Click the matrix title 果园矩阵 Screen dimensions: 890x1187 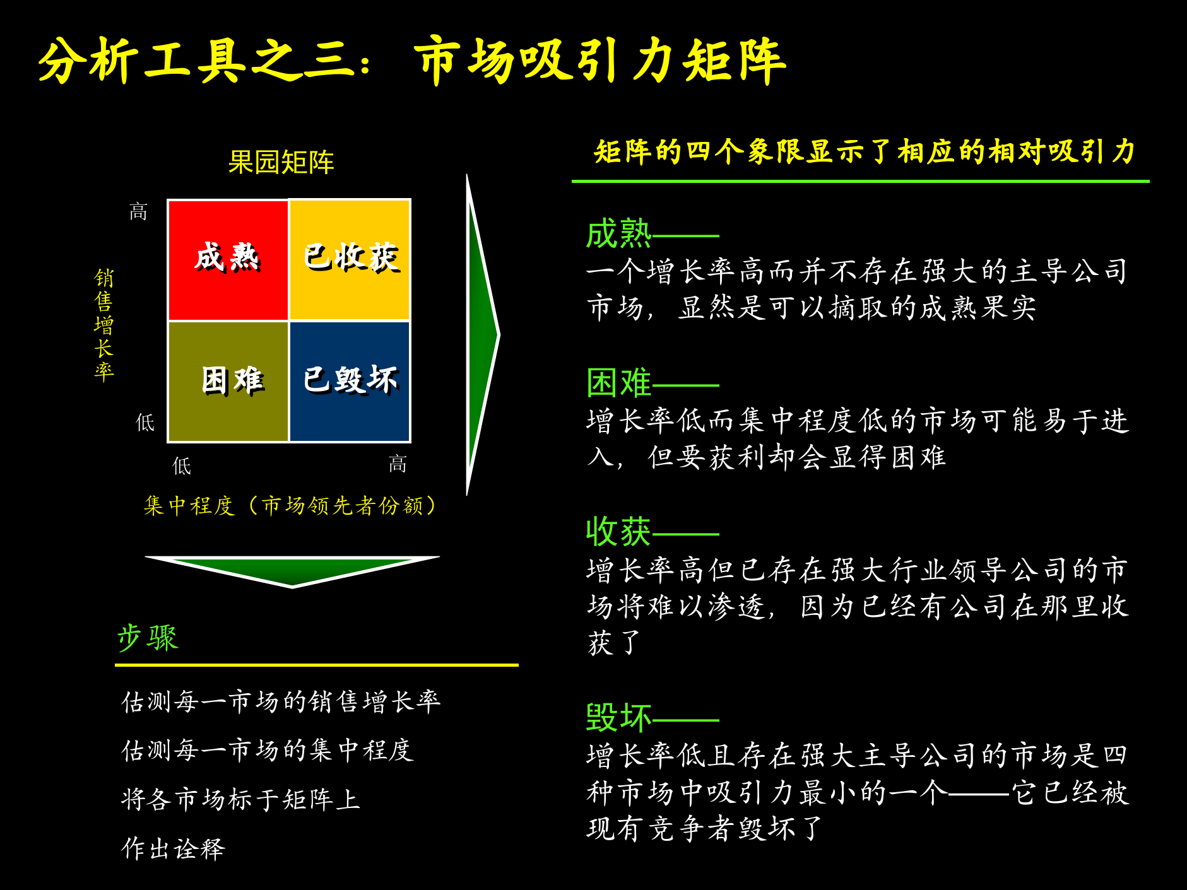point(281,162)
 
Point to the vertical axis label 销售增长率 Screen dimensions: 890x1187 point(104,325)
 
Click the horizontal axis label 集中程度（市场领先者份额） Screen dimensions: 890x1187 point(290,505)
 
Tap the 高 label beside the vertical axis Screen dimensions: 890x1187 point(138,211)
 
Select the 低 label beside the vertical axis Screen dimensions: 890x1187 point(145,422)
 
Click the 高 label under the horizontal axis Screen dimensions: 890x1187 point(398,465)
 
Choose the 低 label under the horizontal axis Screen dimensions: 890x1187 point(182,466)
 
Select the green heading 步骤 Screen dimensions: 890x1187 point(148,638)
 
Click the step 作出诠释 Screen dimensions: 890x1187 point(174,848)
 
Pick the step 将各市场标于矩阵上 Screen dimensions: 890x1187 point(240,799)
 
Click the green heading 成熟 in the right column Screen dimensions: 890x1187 point(618,234)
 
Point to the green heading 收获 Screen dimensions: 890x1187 point(618,532)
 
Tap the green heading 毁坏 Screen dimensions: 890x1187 point(618,717)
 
